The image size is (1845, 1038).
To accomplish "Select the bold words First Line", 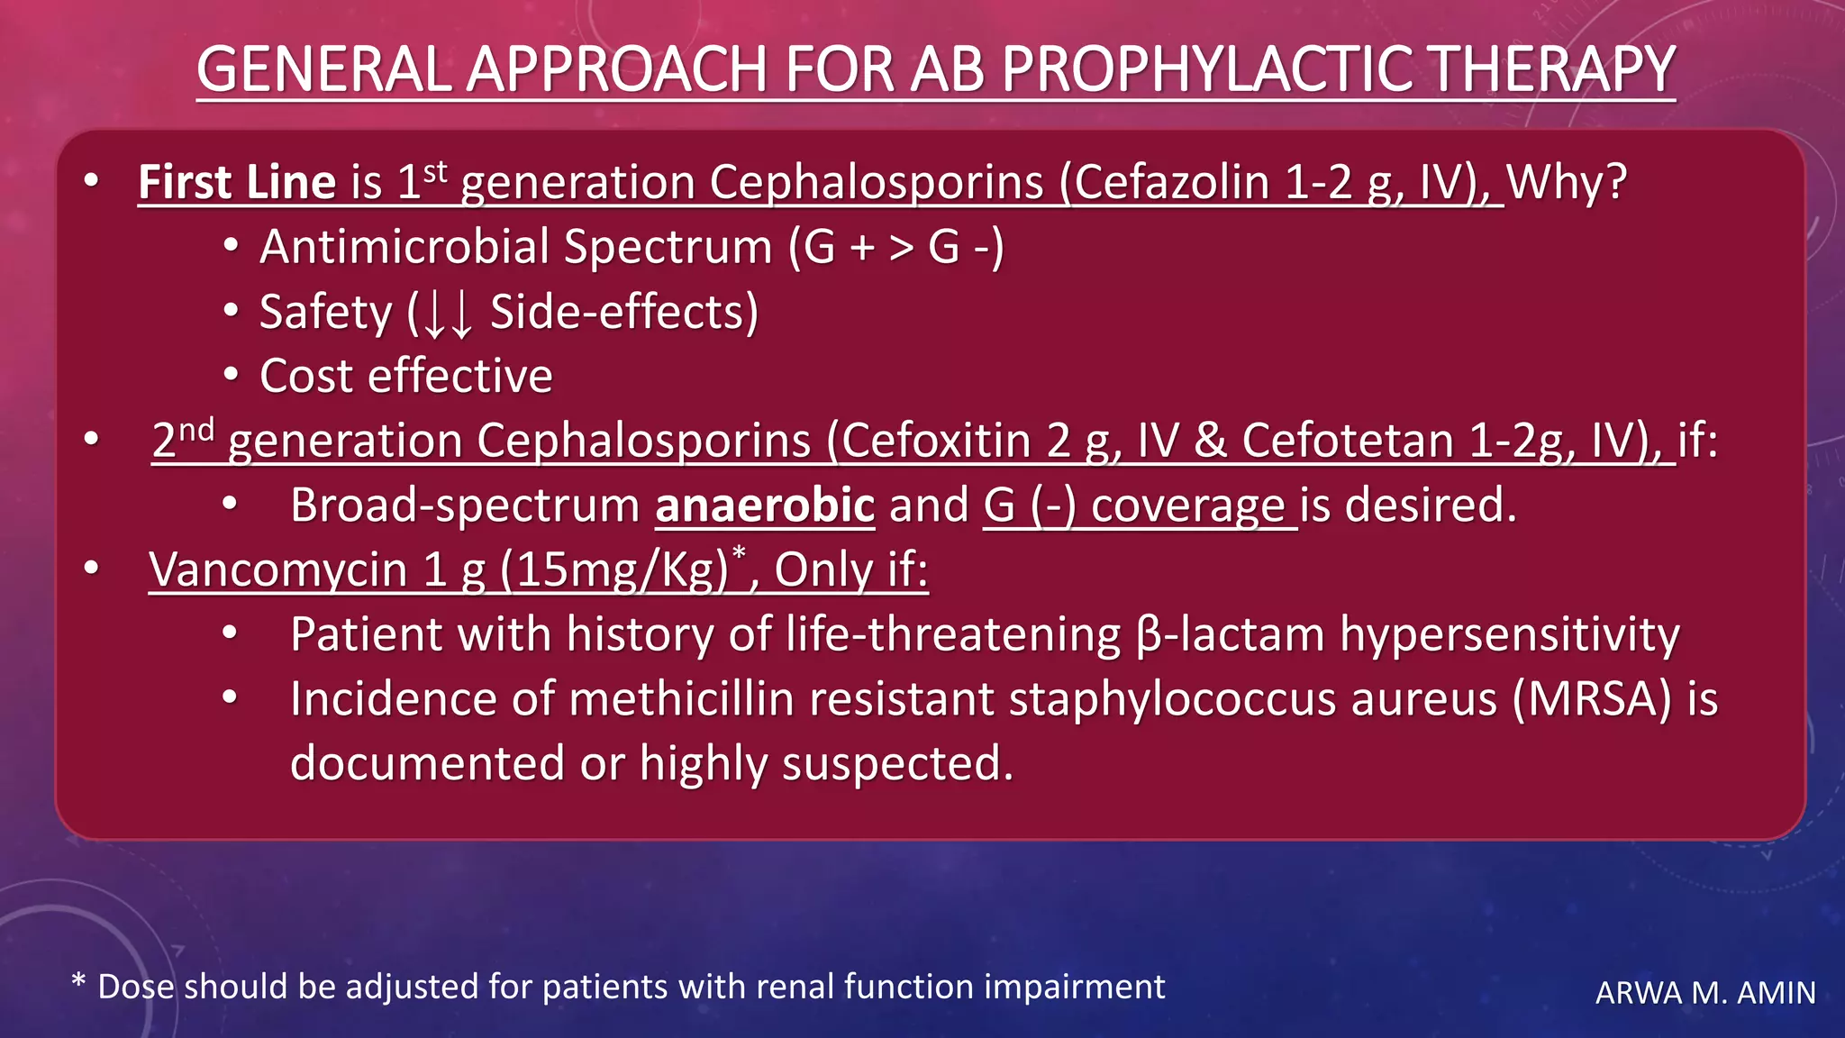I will tap(237, 183).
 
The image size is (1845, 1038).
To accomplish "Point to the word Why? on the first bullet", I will tap(1567, 183).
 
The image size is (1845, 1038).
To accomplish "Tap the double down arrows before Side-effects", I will tap(448, 314).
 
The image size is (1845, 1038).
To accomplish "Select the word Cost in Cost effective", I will tap(306, 377).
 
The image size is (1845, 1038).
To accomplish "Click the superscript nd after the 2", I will tap(195, 430).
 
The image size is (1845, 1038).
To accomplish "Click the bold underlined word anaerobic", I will tap(765, 505).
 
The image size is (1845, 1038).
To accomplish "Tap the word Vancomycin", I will tap(278, 570).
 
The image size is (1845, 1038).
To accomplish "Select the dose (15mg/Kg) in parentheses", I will tap(613, 570).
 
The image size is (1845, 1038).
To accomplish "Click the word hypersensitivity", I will tap(1509, 635).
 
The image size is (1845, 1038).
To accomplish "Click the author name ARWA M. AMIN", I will tap(1704, 993).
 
